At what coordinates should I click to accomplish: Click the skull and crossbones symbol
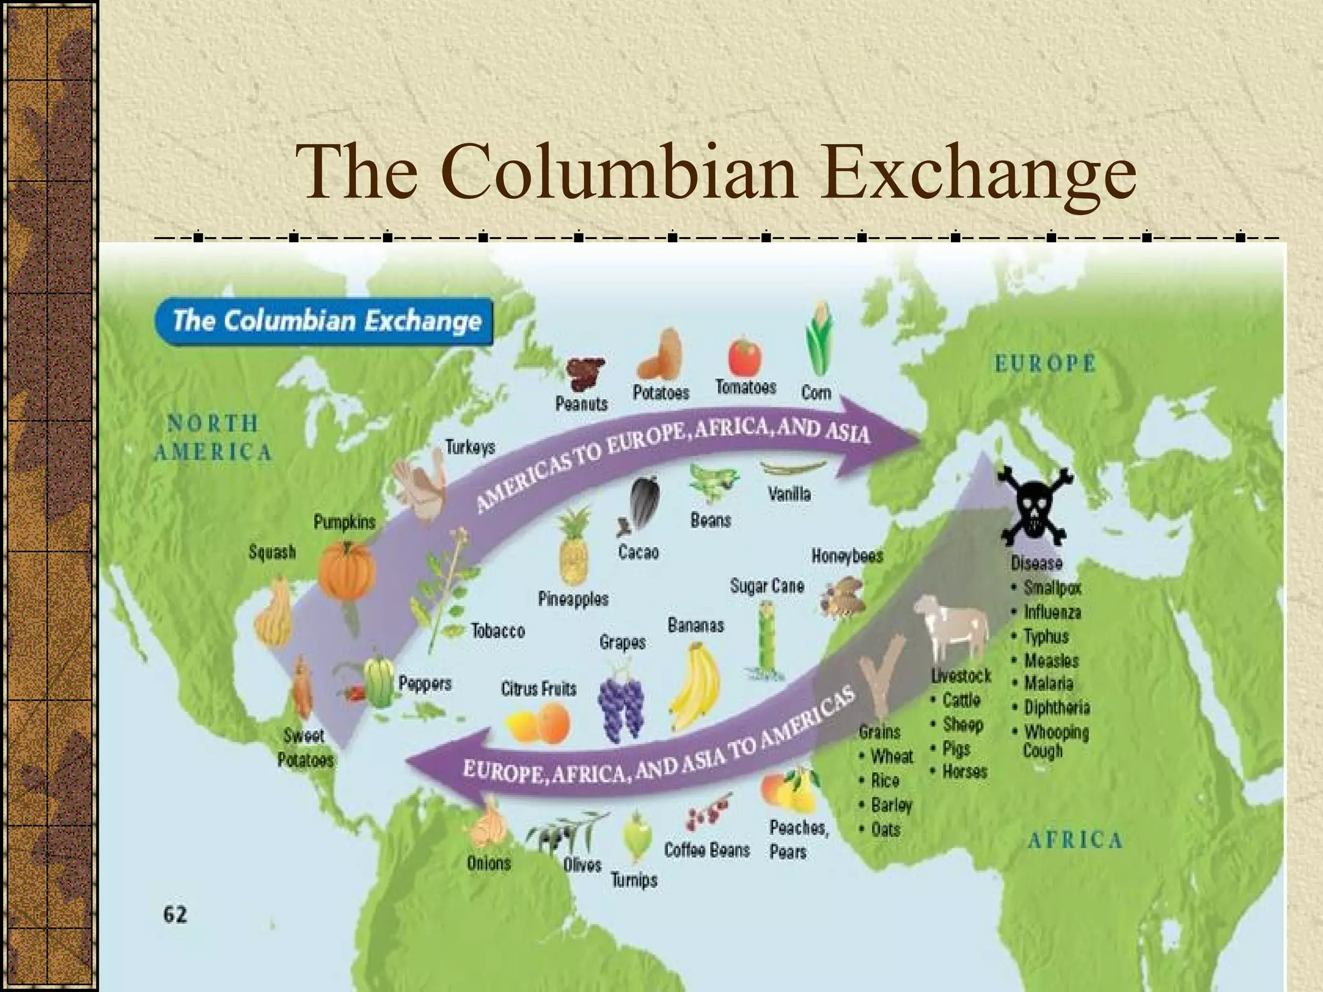coord(1034,506)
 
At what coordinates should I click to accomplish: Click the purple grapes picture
coord(621,707)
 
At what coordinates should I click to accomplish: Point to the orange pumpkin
coord(347,572)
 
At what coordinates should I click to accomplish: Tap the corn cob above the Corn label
coord(818,340)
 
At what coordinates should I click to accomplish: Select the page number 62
coord(175,914)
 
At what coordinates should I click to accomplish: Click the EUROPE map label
coord(1045,364)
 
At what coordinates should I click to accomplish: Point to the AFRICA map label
coord(1075,840)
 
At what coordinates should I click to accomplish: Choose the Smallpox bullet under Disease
coord(1052,588)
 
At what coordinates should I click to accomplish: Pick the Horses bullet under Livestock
coord(964,772)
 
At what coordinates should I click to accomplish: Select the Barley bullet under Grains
coord(891,805)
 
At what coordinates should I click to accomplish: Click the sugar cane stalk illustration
coord(766,639)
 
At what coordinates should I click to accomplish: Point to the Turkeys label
coord(470,448)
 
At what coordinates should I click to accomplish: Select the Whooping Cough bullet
coord(1055,741)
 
